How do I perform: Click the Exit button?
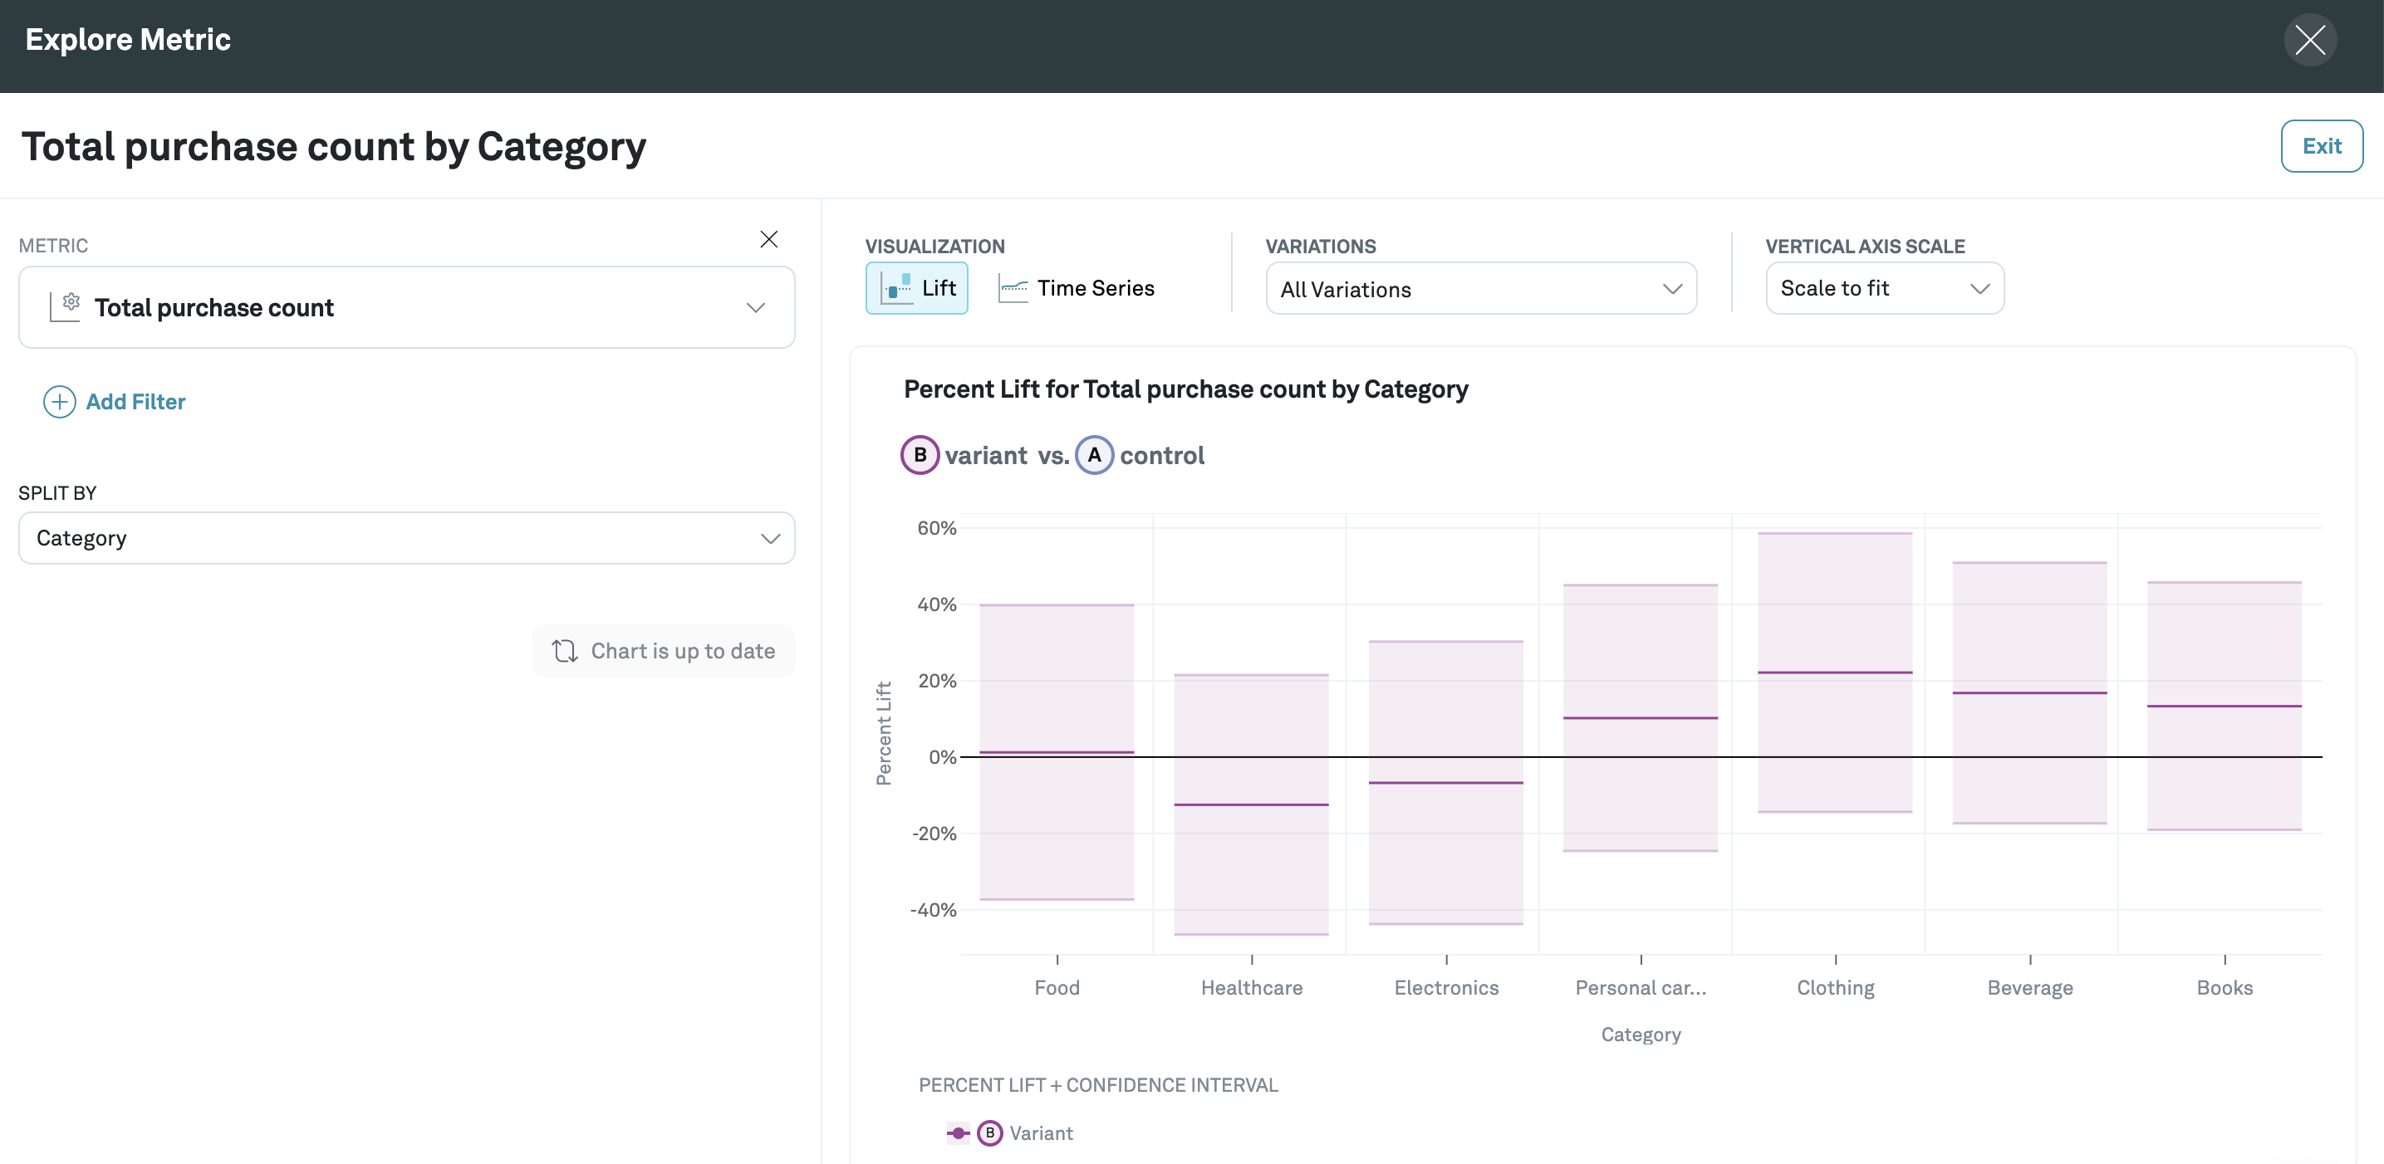tap(2320, 146)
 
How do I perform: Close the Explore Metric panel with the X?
tap(2309, 40)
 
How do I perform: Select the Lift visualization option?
tap(916, 289)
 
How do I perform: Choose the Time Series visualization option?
tap(1077, 289)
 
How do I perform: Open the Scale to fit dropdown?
tap(1883, 289)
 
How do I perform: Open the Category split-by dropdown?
tap(406, 539)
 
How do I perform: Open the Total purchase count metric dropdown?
tap(406, 307)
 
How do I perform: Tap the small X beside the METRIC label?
tap(768, 240)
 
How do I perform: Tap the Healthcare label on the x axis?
tap(1251, 988)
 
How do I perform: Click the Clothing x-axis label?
tap(1835, 988)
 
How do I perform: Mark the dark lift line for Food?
tap(1056, 752)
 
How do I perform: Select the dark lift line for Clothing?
tap(1834, 672)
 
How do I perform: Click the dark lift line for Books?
tap(2224, 706)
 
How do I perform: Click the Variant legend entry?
tap(1040, 1133)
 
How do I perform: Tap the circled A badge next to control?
tap(1094, 455)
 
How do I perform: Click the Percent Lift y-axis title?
tap(884, 733)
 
